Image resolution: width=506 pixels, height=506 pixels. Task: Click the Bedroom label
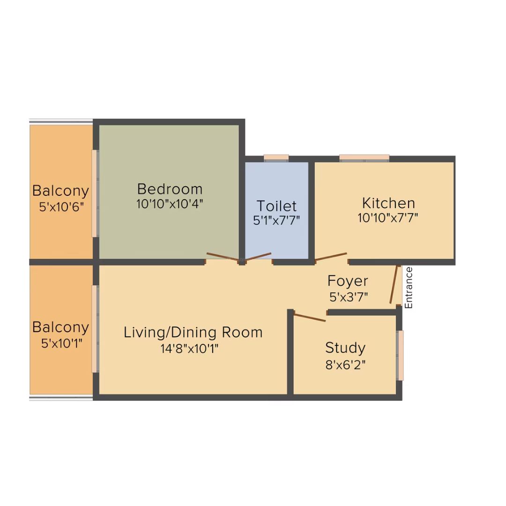click(x=170, y=189)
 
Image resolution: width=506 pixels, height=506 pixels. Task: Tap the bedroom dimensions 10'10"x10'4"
click(x=170, y=204)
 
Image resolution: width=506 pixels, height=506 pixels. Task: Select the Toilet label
click(x=276, y=206)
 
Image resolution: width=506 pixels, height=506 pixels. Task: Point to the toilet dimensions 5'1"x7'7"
click(x=276, y=220)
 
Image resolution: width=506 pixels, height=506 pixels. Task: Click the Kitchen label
click(x=388, y=203)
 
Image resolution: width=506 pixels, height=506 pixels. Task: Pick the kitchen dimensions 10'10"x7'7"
click(x=388, y=218)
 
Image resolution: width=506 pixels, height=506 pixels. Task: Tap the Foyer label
click(x=348, y=281)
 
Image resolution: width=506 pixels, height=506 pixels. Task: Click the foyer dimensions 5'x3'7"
click(x=349, y=297)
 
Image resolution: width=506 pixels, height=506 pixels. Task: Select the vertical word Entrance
click(x=409, y=288)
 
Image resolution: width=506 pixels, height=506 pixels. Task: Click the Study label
click(x=345, y=348)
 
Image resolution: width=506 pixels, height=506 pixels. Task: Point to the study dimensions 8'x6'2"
click(x=345, y=365)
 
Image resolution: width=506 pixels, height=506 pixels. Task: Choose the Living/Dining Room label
click(x=193, y=333)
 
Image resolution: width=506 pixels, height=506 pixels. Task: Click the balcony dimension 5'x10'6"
click(x=61, y=207)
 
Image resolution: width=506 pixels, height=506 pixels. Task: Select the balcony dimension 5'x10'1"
click(x=61, y=344)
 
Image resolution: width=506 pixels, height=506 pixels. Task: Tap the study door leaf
click(x=310, y=318)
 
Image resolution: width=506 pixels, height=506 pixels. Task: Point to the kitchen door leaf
click(x=331, y=257)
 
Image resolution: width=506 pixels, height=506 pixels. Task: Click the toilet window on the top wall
click(x=276, y=157)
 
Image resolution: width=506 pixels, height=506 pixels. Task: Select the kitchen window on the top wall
click(x=365, y=157)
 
